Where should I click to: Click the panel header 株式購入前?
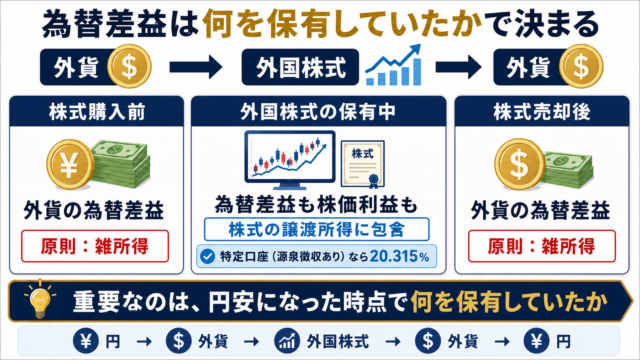97,112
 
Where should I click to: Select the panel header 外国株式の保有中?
318,112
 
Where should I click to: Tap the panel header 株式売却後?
542,112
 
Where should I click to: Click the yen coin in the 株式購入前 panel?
70,164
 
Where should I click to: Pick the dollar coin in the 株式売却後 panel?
520,164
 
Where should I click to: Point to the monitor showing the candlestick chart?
290,160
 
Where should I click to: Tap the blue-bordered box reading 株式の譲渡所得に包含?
316,229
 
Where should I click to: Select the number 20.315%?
399,256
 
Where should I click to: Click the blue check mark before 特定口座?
207,256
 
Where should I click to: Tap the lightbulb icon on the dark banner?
40,299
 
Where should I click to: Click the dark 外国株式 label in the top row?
300,67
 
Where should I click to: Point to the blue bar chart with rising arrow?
393,65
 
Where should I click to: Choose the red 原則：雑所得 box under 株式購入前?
95,246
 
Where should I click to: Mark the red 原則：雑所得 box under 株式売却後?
542,246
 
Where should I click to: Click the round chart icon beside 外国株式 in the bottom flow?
287,341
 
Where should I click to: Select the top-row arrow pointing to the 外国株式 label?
196,67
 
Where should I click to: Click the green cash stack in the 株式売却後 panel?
568,170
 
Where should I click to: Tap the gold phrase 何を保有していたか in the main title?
343,24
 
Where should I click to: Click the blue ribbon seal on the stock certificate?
373,181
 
